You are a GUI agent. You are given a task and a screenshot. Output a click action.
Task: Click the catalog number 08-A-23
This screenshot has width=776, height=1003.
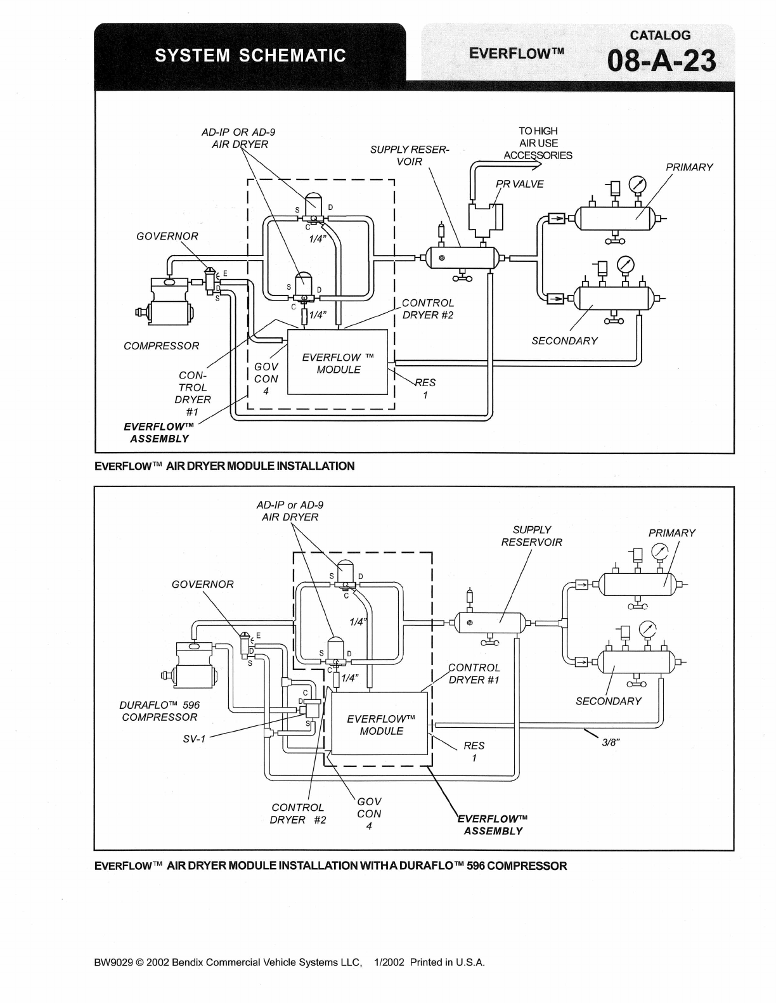(x=662, y=61)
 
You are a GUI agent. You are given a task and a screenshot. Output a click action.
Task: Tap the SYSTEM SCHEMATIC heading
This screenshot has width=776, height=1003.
(x=250, y=56)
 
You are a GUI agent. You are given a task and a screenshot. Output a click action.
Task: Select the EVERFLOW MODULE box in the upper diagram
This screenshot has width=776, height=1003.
(x=338, y=363)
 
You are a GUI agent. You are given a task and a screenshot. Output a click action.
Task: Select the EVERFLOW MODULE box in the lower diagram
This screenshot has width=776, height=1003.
(x=381, y=724)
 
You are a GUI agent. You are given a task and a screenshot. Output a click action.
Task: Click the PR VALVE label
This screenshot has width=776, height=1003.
(x=519, y=184)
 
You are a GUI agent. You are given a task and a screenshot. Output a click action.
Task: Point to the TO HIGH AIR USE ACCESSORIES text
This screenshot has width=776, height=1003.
(x=538, y=143)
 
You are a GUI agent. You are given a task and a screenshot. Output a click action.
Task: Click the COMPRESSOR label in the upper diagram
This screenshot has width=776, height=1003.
(x=161, y=346)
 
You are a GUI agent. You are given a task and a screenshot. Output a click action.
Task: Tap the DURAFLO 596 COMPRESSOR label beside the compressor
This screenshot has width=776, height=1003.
(x=159, y=711)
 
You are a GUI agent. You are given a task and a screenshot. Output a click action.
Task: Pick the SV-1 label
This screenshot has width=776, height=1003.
(x=194, y=739)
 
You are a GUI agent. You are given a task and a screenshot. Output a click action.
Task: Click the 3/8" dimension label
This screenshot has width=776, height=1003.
(x=611, y=743)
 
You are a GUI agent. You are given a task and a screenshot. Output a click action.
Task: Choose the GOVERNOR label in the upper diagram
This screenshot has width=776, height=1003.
(x=167, y=236)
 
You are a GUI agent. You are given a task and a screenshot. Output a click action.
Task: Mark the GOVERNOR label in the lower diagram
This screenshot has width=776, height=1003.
(x=202, y=585)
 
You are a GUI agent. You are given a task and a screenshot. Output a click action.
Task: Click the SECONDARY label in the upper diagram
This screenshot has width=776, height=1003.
(x=564, y=341)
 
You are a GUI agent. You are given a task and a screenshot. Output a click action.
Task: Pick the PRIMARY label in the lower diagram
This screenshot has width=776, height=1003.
(x=671, y=533)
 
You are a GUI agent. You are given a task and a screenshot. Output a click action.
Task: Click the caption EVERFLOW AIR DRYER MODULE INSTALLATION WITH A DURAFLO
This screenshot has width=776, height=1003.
(x=330, y=866)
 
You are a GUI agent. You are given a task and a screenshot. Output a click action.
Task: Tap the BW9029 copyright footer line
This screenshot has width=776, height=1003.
(x=289, y=962)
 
